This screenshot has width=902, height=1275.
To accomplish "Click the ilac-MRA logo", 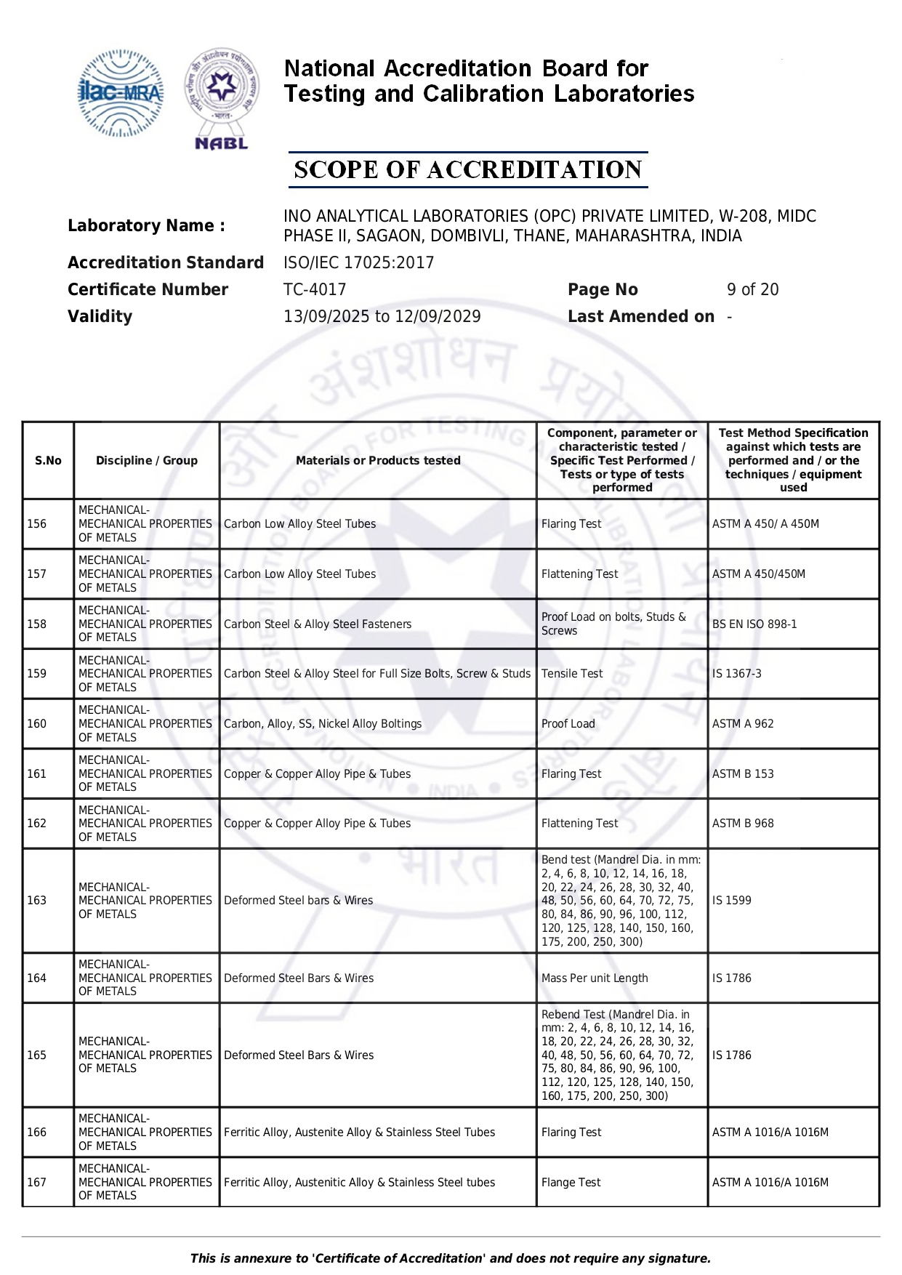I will click(x=120, y=93).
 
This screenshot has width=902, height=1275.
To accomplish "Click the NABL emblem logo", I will click(x=222, y=98).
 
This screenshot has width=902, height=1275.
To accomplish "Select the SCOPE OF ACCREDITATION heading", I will click(x=467, y=170).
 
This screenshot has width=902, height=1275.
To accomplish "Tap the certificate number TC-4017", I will click(x=315, y=289).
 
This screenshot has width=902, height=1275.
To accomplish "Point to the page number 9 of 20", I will click(x=752, y=289).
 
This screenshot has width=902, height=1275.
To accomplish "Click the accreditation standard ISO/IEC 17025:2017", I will click(x=358, y=262).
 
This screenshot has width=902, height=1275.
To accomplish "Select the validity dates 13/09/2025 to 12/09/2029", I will click(x=382, y=316).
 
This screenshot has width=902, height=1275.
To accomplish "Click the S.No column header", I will click(x=48, y=460).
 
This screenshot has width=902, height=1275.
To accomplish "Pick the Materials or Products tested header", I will click(x=378, y=460).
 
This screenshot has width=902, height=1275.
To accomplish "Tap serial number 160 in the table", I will click(x=36, y=724).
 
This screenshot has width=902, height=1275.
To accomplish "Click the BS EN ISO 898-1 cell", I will click(x=754, y=624).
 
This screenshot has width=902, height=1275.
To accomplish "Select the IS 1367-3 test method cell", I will click(x=737, y=674).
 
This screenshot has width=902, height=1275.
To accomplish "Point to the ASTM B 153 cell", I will click(x=743, y=773).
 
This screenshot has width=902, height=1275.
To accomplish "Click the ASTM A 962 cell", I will click(x=743, y=724).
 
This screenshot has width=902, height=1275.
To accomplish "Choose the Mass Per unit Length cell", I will click(x=595, y=978).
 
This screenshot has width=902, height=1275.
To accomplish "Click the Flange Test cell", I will click(x=571, y=1183).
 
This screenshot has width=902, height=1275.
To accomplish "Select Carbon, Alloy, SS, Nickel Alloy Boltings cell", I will click(x=323, y=724).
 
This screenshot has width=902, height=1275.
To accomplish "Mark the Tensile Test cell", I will click(x=572, y=674).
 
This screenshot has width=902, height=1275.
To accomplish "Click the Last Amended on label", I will click(x=640, y=316).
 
